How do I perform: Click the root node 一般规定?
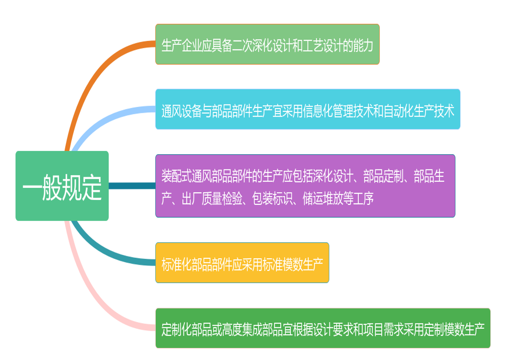pos(62,186)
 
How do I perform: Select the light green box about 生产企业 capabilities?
pos(267,44)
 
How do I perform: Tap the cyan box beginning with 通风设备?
pos(308,109)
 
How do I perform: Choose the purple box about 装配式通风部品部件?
pos(305,186)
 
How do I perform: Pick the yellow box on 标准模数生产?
pos(242,263)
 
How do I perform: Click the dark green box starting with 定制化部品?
pos(323,328)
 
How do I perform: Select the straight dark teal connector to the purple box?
pos(132,186)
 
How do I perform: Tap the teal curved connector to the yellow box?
pos(103,251)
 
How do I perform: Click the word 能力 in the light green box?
pos(363,45)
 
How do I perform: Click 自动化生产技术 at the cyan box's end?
pos(419,111)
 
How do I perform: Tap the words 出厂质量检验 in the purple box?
pos(212,199)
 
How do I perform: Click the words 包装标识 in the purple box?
pos(272,199)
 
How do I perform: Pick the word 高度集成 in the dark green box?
pos(242,330)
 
